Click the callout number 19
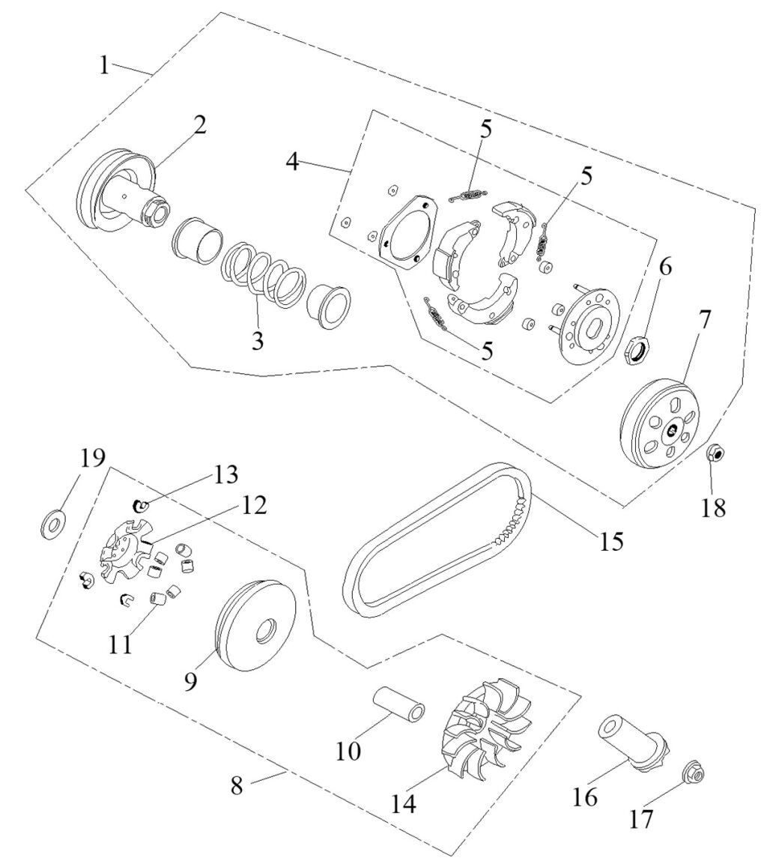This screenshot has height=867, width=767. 93,459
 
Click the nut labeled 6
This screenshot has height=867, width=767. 639,349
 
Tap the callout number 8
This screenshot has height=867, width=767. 237,785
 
